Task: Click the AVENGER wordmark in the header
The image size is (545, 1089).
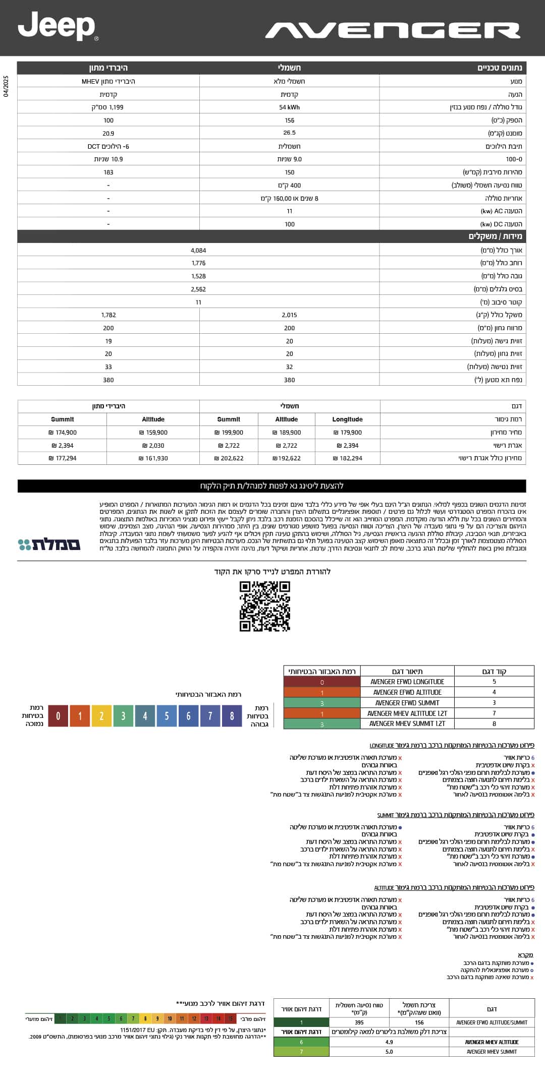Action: (393, 31)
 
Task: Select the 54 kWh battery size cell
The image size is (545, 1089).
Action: (289, 107)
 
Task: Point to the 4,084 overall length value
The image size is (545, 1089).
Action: (198, 251)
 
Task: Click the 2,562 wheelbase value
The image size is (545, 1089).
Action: (198, 289)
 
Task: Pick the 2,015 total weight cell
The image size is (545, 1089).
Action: (289, 315)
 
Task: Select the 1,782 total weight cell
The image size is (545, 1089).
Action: (108, 315)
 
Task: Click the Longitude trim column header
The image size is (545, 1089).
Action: (347, 419)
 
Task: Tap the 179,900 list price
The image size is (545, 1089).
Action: (348, 433)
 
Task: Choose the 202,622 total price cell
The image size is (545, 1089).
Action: (229, 458)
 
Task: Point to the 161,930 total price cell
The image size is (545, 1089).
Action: (153, 458)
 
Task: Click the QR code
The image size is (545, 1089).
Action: (264, 606)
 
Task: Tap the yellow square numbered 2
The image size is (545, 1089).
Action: (101, 716)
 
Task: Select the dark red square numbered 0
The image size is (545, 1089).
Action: (58, 716)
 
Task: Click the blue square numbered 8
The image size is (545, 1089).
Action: (232, 716)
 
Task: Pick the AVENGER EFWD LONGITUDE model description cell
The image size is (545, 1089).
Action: (407, 682)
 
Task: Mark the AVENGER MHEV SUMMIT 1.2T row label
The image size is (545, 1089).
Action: (407, 724)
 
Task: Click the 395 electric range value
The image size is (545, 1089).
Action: (359, 1022)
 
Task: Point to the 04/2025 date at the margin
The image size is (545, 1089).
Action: (6, 86)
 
